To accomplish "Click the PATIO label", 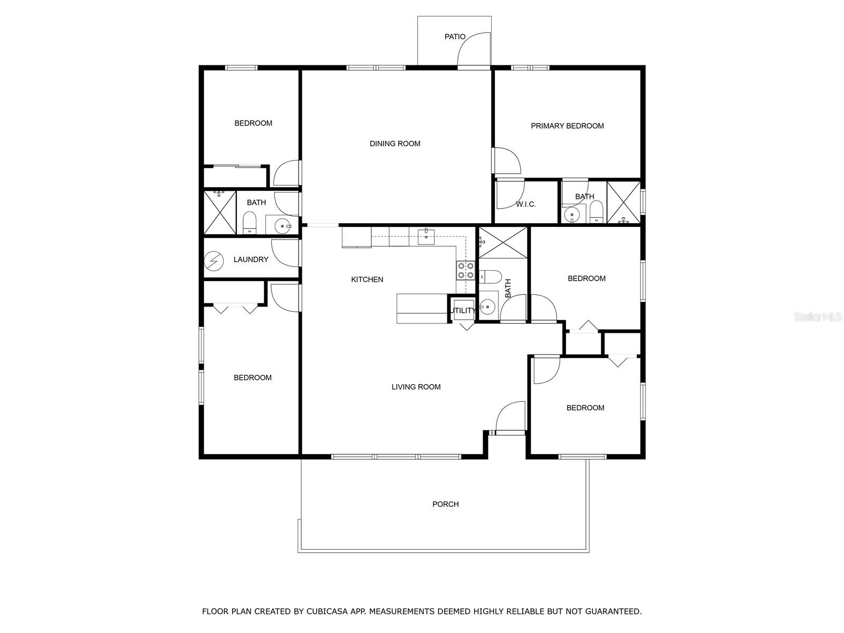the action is click(x=455, y=37).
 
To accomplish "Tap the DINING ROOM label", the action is click(x=395, y=143).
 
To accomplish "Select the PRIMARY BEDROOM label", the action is click(x=567, y=126).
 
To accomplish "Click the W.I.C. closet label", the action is click(x=525, y=205).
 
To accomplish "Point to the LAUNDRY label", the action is click(x=251, y=260).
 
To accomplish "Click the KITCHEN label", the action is click(x=367, y=280).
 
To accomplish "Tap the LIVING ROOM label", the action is click(x=416, y=387).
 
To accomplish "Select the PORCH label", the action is click(x=445, y=504).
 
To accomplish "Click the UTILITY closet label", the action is click(x=463, y=311).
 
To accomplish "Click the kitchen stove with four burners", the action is click(x=466, y=270).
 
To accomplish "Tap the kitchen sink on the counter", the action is click(x=426, y=236).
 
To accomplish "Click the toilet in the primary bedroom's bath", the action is click(x=597, y=212).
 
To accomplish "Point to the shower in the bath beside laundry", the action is click(x=219, y=213).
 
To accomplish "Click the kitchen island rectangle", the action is click(x=422, y=309).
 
